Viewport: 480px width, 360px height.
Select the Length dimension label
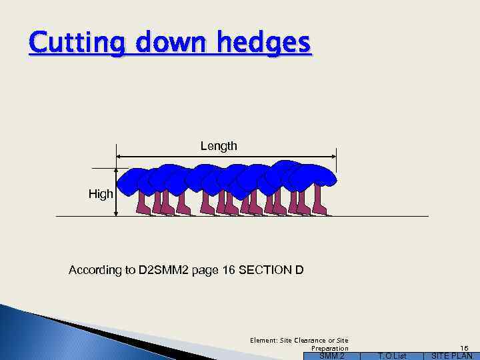coord(219,146)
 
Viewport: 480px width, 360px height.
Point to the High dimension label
coord(101,194)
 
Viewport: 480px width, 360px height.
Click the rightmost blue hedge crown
coord(319,175)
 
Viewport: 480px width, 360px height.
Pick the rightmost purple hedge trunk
coord(319,201)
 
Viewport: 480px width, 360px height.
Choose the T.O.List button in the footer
coord(391,356)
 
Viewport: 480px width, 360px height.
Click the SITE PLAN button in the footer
coord(452,356)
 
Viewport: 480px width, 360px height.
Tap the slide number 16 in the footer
coord(465,348)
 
